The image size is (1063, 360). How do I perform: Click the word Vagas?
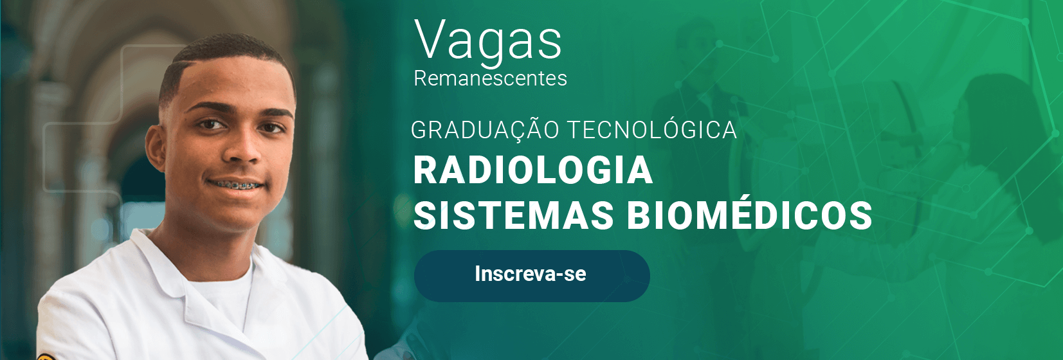click(488, 42)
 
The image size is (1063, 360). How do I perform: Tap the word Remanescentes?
click(490, 78)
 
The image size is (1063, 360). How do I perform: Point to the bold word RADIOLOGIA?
click(533, 170)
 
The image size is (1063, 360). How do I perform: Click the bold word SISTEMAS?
click(514, 215)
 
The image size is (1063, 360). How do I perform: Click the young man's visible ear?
click(156, 148)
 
